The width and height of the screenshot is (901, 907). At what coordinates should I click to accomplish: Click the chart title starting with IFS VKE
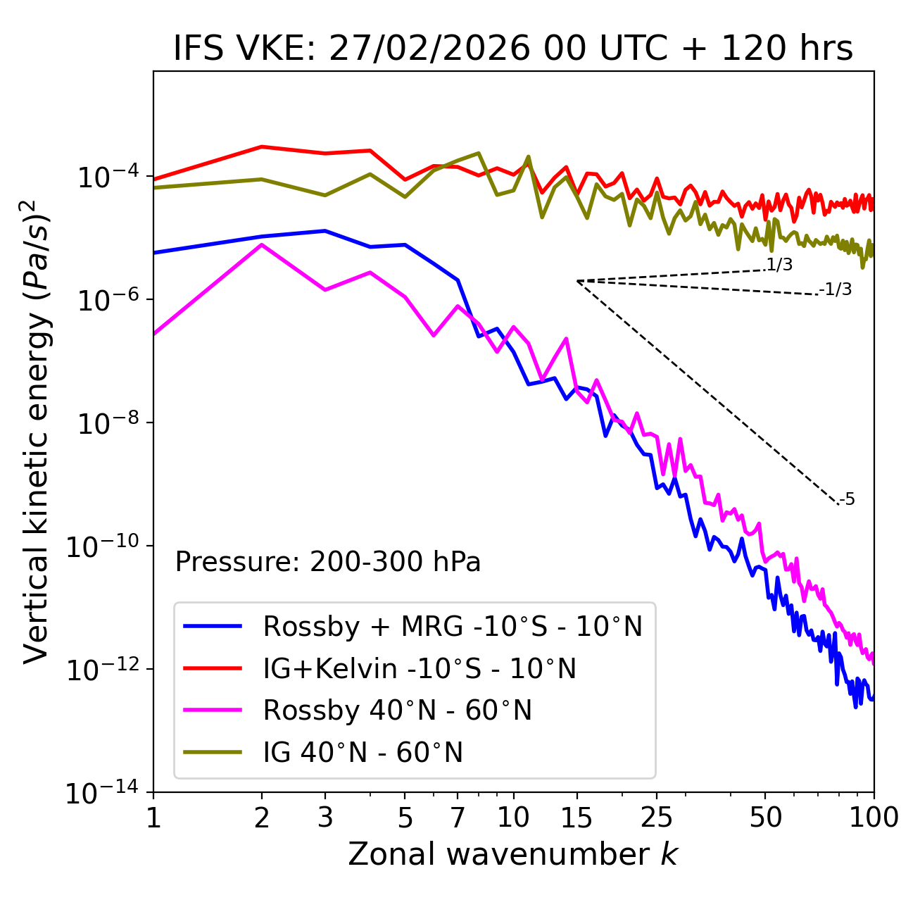(x=513, y=49)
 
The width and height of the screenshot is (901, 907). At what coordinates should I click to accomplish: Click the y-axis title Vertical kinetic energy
(x=37, y=431)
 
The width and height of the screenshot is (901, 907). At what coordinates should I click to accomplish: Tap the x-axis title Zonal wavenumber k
(x=513, y=853)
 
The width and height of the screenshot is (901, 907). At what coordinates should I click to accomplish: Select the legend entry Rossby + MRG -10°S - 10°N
(x=453, y=626)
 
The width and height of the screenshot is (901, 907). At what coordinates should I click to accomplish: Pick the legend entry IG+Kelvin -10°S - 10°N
(x=420, y=668)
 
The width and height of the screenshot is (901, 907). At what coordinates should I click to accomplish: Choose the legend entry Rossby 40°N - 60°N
(x=397, y=711)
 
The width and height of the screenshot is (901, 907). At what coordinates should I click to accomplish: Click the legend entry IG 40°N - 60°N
(x=363, y=753)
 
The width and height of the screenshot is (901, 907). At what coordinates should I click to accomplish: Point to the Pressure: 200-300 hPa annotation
(x=328, y=562)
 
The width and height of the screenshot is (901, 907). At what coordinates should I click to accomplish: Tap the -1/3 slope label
(x=836, y=289)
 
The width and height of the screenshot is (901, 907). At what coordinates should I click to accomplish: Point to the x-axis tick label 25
(x=656, y=818)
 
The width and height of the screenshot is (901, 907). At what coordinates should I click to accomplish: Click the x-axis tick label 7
(x=458, y=818)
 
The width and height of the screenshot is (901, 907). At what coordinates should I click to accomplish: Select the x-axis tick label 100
(x=874, y=818)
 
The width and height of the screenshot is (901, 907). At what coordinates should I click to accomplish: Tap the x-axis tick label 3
(x=325, y=818)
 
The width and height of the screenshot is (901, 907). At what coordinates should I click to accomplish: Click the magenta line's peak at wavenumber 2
(x=262, y=244)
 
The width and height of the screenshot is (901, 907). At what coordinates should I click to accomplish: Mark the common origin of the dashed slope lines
(x=577, y=281)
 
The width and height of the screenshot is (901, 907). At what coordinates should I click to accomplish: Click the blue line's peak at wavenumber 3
(x=325, y=230)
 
